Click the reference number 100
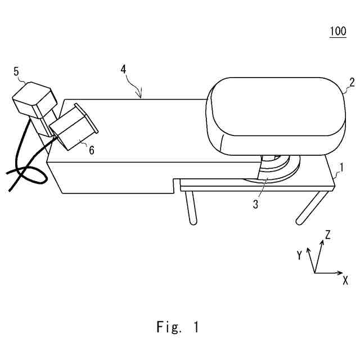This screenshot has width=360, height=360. (x=337, y=31)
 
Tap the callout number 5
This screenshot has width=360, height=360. (x=16, y=71)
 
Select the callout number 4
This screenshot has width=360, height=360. (x=123, y=69)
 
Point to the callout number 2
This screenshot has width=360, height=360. (x=352, y=82)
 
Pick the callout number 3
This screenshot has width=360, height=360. (x=255, y=205)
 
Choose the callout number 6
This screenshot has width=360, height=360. (x=91, y=149)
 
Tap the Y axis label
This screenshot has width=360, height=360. (x=300, y=256)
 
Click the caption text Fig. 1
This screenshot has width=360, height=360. (x=177, y=327)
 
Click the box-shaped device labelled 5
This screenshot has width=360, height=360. (x=34, y=101)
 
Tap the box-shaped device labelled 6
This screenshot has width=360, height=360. (x=73, y=128)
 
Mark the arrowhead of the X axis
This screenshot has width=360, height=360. (x=340, y=273)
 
